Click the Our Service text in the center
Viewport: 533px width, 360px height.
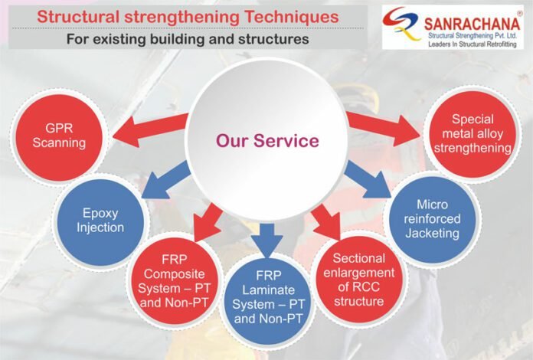tap(256, 141)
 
